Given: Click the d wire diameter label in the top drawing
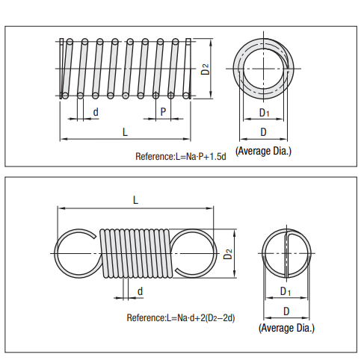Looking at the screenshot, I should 95,112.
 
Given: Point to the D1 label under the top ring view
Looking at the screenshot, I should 263,112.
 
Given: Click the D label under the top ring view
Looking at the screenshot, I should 263,131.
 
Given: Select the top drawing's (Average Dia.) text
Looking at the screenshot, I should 263,151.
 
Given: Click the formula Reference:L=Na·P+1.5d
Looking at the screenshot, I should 180,157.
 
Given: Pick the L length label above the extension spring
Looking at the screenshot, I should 135,199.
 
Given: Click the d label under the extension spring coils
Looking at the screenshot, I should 140,290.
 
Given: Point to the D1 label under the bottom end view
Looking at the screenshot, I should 285,290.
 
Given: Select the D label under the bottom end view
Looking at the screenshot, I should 285,309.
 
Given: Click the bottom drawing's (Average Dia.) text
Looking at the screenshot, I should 286,328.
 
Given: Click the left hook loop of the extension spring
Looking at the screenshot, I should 75,254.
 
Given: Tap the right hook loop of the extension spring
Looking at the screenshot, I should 194,254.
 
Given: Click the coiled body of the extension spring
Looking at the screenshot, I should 135,254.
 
